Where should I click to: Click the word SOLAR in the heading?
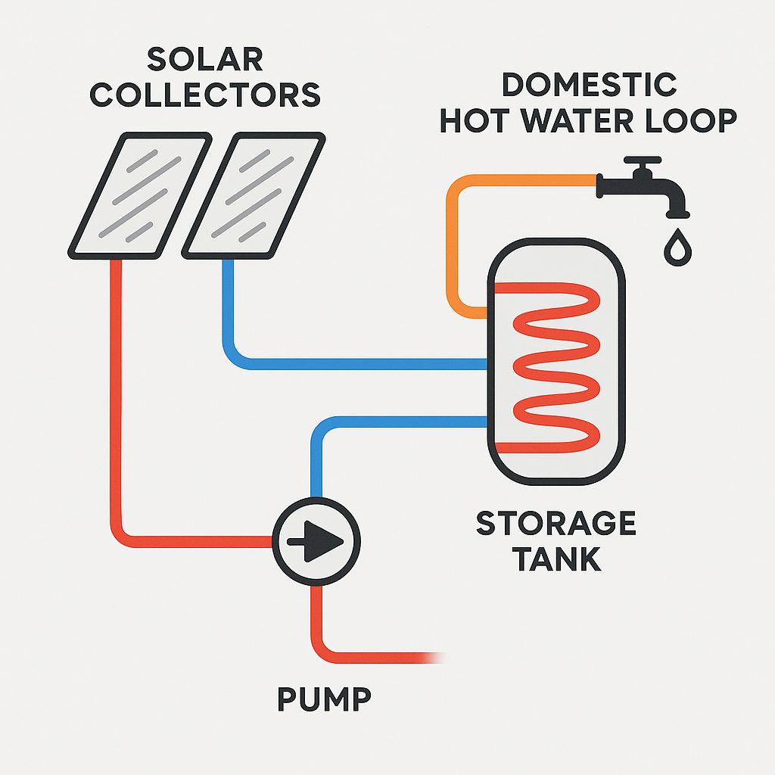pyautogui.click(x=205, y=59)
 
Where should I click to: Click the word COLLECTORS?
pyautogui.click(x=205, y=95)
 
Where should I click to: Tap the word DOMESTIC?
pyautogui.click(x=589, y=84)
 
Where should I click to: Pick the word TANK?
pyautogui.click(x=556, y=559)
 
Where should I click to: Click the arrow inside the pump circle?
pyautogui.click(x=318, y=540)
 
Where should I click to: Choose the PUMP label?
pyautogui.click(x=324, y=700)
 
